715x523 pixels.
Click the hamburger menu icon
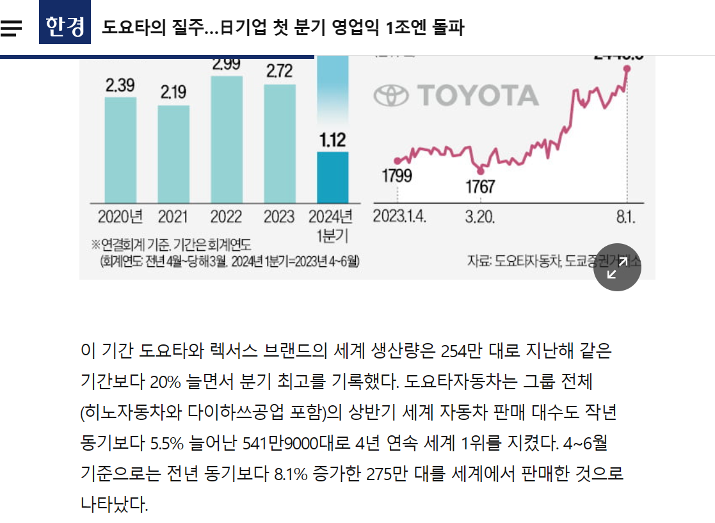(12, 28)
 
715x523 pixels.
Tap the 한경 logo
(65, 26)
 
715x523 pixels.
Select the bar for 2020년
(120, 150)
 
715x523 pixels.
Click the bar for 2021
(173, 155)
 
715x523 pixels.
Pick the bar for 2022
(227, 140)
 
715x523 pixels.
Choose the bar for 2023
(280, 144)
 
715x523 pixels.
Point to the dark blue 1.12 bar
(333, 177)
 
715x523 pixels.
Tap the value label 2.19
(173, 93)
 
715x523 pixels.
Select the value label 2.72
(280, 72)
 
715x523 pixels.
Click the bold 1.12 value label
(333, 139)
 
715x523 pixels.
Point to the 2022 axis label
(227, 216)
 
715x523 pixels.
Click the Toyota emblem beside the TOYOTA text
(390, 96)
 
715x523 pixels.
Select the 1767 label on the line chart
(480, 187)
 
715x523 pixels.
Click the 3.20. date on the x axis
(479, 216)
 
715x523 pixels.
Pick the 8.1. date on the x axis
(625, 216)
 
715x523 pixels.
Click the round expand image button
(617, 268)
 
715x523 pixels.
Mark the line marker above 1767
(481, 170)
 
